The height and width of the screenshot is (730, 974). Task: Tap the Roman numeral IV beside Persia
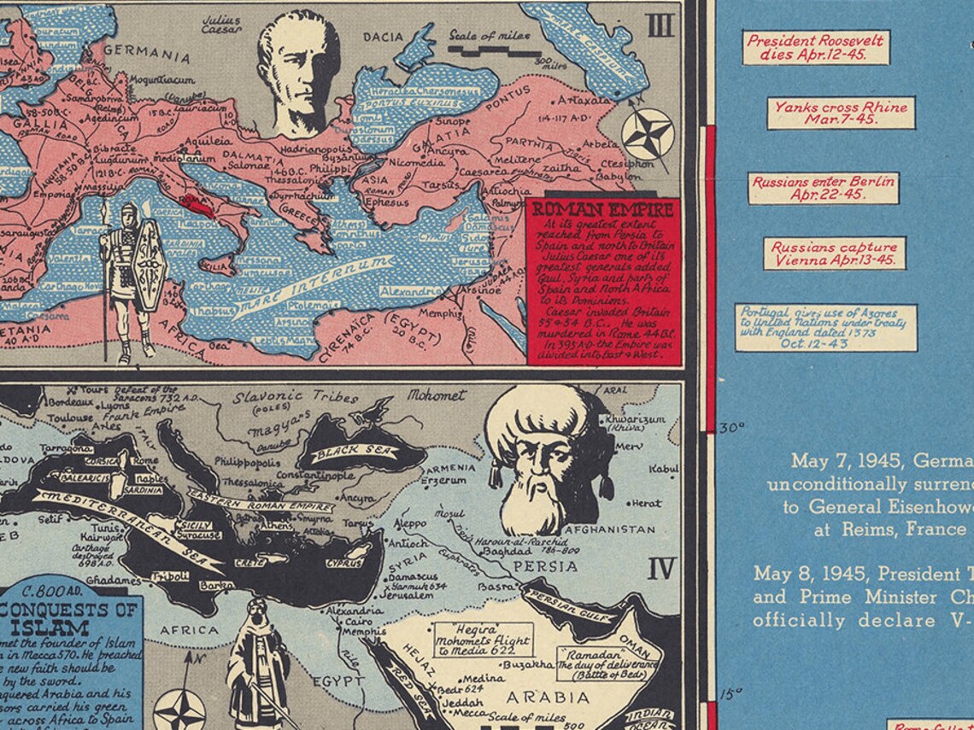(x=660, y=569)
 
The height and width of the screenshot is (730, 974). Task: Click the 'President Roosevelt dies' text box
(x=804, y=48)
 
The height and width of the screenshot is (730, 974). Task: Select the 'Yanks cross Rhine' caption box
(x=840, y=114)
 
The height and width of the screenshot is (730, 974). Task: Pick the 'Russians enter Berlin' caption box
(x=823, y=188)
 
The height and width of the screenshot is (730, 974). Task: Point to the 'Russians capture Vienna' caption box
(x=834, y=254)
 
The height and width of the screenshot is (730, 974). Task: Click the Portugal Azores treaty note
(x=824, y=327)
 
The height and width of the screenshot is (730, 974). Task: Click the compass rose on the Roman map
(x=647, y=134)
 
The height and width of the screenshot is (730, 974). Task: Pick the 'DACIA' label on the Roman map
(x=384, y=38)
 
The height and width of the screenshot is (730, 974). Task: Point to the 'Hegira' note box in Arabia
(x=483, y=638)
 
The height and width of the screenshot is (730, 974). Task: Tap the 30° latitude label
(x=730, y=429)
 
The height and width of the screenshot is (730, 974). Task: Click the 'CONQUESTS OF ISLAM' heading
(x=71, y=619)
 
